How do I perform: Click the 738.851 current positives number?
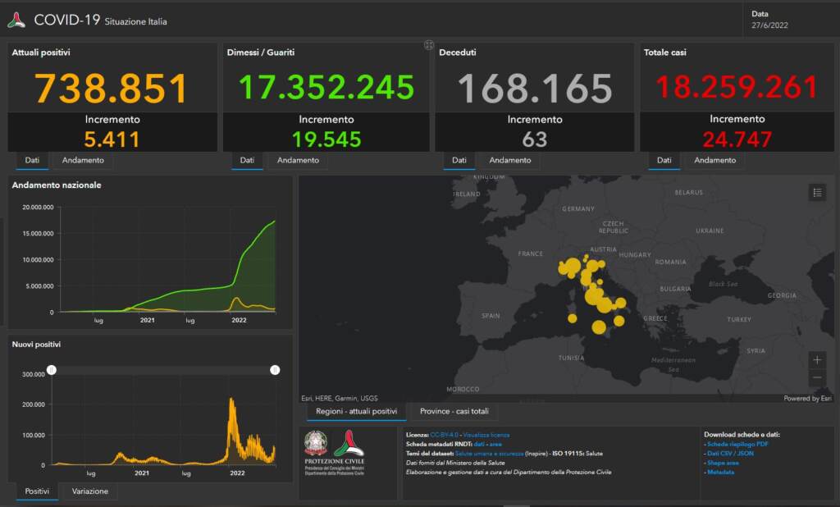pos(112,89)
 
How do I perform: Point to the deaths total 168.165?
pos(535,89)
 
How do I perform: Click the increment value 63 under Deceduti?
pos(535,139)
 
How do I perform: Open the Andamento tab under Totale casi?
pos(714,160)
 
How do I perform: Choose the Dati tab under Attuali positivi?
pos(31,160)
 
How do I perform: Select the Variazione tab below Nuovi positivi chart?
pos(89,491)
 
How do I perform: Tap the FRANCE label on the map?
pos(531,254)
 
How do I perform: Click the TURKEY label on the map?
pos(738,319)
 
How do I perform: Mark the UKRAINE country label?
pos(710,231)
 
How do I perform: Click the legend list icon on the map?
pos(816,193)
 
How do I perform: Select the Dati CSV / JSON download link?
pos(730,453)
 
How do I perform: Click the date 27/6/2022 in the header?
pos(770,25)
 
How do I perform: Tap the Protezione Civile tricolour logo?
pos(349,445)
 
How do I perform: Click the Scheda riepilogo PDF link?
pos(737,444)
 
